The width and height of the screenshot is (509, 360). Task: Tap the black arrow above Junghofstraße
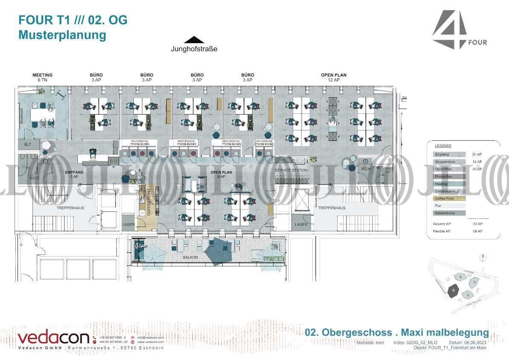coord(194,40)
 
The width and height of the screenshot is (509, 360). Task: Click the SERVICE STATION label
coord(291,170)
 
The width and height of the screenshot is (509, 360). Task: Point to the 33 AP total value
coord(477,224)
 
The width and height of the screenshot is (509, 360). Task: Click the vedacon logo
coord(53,338)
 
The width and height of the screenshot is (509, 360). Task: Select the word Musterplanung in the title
coord(62,35)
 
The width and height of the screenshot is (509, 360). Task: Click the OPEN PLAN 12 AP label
coord(333,77)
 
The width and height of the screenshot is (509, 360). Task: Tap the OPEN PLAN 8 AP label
coord(221,174)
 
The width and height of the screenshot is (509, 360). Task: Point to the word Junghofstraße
coord(194,49)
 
